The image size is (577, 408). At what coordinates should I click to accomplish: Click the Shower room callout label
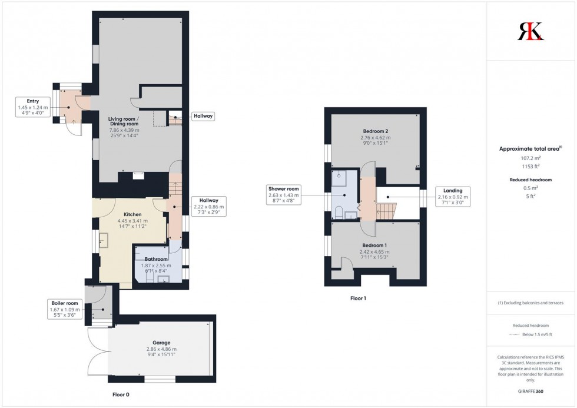point(284,195)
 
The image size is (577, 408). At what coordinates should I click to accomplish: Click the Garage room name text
point(161,343)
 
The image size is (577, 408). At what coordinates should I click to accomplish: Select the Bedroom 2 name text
point(376,131)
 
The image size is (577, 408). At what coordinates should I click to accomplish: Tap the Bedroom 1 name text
point(375,245)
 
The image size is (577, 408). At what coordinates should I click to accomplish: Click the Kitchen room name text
point(133,214)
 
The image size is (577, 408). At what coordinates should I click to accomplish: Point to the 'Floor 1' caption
point(358,298)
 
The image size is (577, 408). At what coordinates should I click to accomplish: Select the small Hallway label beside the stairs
point(203,117)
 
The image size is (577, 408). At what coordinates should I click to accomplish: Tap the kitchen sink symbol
point(104,240)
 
